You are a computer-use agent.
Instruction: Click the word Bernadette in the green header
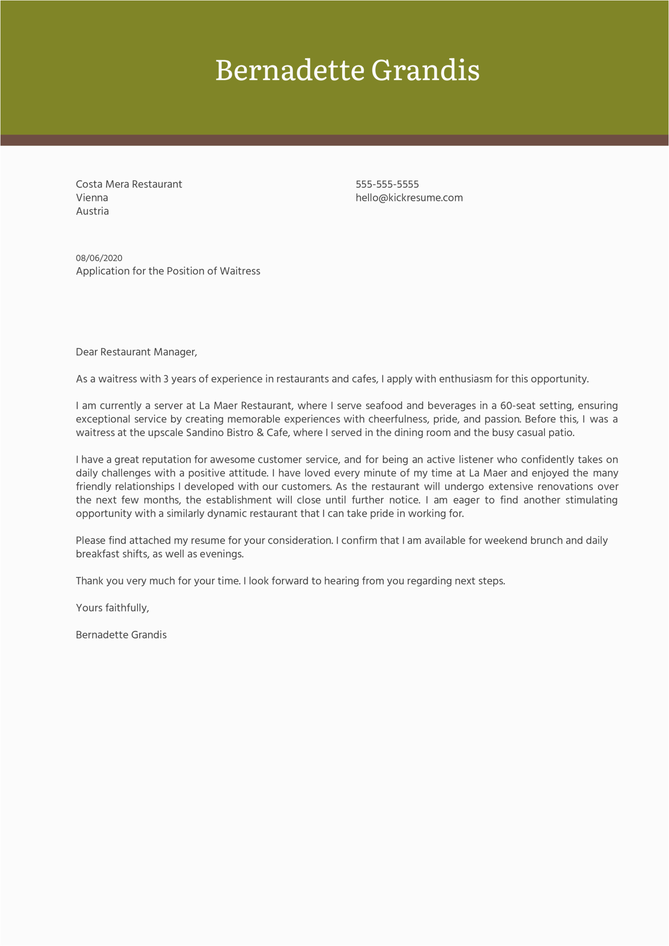(x=290, y=70)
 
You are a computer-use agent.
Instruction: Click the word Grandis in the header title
(x=425, y=70)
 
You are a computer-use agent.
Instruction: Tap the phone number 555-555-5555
(x=387, y=184)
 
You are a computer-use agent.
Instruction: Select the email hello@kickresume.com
(x=409, y=198)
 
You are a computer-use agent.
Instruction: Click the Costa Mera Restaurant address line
(x=129, y=184)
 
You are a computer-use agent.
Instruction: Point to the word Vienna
(x=92, y=198)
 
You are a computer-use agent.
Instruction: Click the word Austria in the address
(x=92, y=211)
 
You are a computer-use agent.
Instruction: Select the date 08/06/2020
(x=99, y=258)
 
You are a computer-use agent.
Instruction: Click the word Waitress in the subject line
(x=240, y=271)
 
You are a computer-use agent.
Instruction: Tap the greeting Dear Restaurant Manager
(x=136, y=352)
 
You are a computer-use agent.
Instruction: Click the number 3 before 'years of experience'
(x=166, y=379)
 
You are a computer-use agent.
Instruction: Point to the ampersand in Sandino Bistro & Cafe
(x=260, y=433)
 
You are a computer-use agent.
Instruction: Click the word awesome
(x=232, y=460)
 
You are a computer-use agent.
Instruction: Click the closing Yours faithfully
(x=112, y=608)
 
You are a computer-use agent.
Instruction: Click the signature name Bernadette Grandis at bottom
(x=121, y=635)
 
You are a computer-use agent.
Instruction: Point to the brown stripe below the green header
(x=334, y=140)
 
